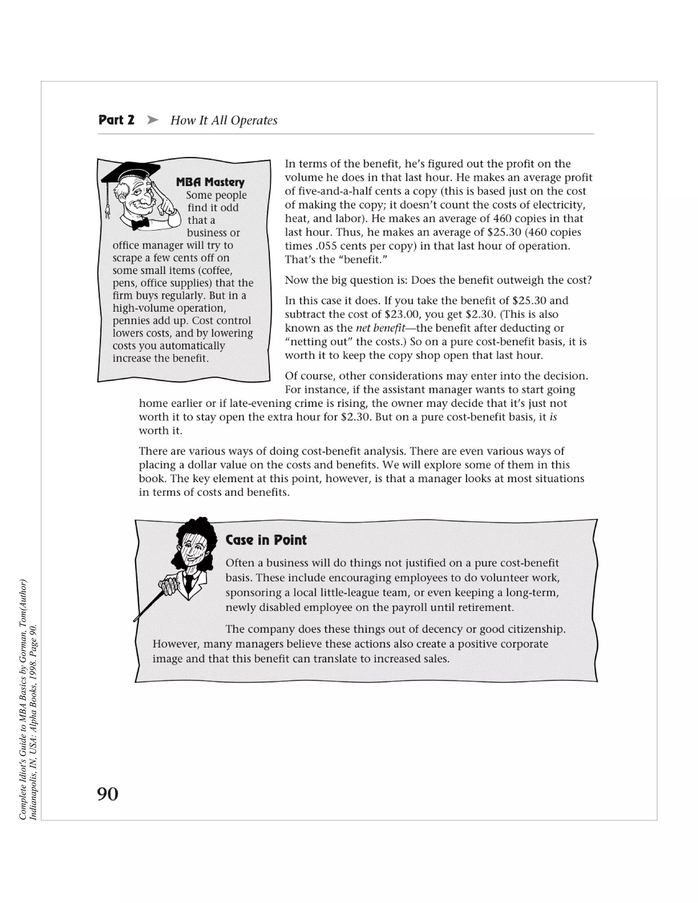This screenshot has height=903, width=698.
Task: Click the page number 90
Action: click(x=107, y=794)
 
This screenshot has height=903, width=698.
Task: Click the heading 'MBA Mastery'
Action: click(x=210, y=182)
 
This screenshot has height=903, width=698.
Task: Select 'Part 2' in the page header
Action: click(x=117, y=120)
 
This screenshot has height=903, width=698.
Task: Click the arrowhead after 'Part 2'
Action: click(x=153, y=120)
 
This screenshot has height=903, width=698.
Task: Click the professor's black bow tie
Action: click(x=141, y=224)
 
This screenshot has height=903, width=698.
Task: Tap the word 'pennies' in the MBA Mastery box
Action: click(x=129, y=321)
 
